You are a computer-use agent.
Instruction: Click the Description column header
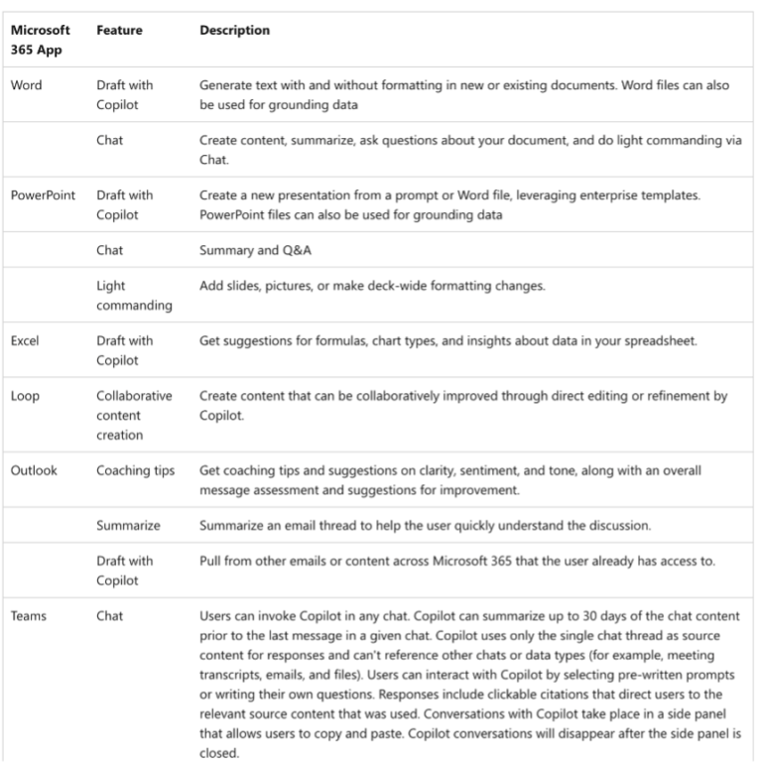pos(234,31)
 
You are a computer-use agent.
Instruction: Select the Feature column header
pos(119,31)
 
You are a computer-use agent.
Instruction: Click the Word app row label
pos(26,85)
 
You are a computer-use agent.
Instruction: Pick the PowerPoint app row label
pos(44,195)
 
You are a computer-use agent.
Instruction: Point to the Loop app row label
pos(25,396)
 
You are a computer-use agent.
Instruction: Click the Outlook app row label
pos(34,470)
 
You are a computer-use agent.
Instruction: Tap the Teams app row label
pos(28,616)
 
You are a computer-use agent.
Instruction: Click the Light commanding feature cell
pos(134,296)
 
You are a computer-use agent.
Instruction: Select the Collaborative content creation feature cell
pos(134,416)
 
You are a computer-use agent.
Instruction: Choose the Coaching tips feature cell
pos(135,470)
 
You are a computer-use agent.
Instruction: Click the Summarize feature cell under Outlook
pos(128,525)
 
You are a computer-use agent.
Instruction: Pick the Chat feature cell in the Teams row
pos(110,616)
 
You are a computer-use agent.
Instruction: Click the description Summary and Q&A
pos(248,251)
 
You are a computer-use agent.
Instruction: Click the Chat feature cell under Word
pos(110,140)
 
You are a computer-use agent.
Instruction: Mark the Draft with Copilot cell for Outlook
pos(125,571)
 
